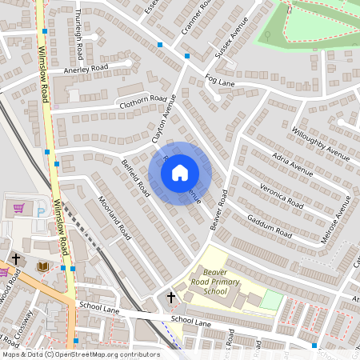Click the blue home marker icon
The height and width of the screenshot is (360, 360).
coord(180,173)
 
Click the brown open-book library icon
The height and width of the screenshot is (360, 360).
coord(43,266)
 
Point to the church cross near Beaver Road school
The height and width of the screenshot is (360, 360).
coord(170,298)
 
